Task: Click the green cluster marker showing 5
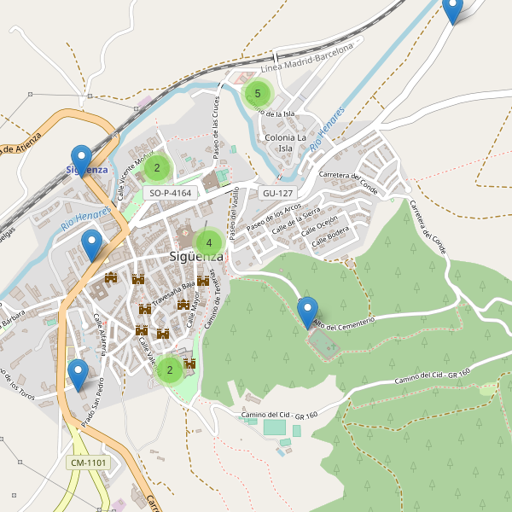(x=257, y=92)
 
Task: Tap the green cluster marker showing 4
(x=208, y=243)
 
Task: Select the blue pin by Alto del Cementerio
(x=307, y=312)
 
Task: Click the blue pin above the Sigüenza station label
(x=81, y=160)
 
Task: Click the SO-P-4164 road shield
(x=170, y=193)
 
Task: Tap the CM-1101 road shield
(x=88, y=463)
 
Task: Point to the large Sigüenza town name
(x=196, y=256)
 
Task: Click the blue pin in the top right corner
(x=452, y=10)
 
